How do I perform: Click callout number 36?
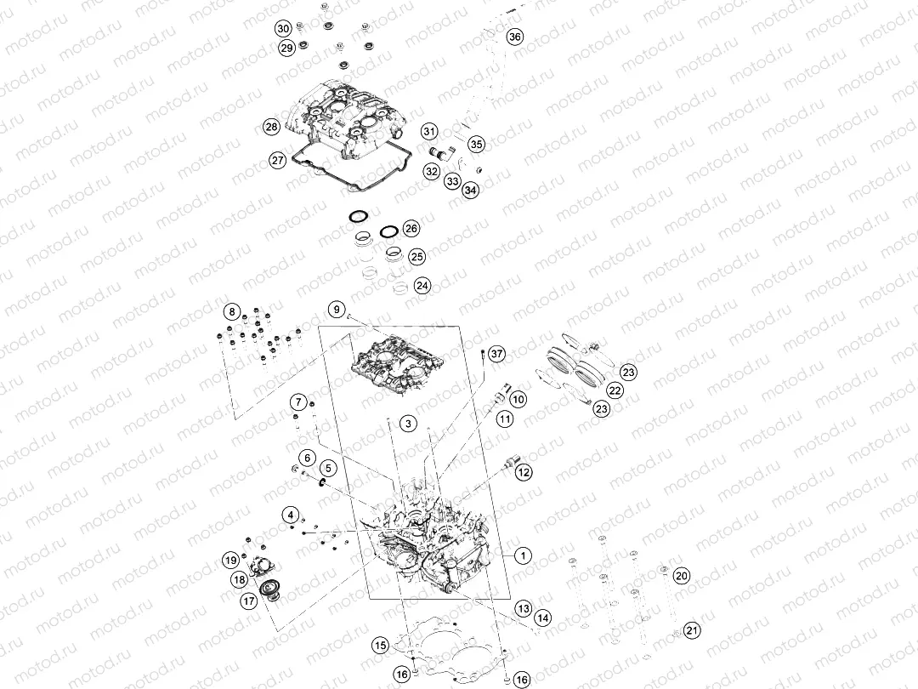[x=514, y=37]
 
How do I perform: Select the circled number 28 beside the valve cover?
[x=272, y=127]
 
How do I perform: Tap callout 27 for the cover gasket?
[x=277, y=160]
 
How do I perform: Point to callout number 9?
[x=336, y=309]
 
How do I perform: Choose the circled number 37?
[x=496, y=354]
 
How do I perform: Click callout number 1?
[x=523, y=555]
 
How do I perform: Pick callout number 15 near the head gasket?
[x=381, y=646]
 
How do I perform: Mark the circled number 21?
[x=692, y=630]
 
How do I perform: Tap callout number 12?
[x=524, y=472]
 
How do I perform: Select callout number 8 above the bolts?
[x=232, y=312]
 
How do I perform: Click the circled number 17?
[x=249, y=601]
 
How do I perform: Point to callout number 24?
[x=422, y=286]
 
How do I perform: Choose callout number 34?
[x=470, y=190]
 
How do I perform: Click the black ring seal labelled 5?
[x=321, y=482]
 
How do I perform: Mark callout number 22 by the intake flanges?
[x=615, y=390]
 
